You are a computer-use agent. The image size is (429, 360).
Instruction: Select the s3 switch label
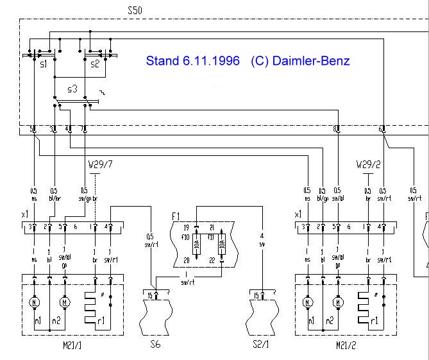74,86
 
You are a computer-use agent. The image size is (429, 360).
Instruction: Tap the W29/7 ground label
97,166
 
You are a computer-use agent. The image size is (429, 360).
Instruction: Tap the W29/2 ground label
367,166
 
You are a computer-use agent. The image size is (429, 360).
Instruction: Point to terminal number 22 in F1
211,260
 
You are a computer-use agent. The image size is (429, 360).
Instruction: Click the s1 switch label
44,65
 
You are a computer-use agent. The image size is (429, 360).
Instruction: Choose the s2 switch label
94,65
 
